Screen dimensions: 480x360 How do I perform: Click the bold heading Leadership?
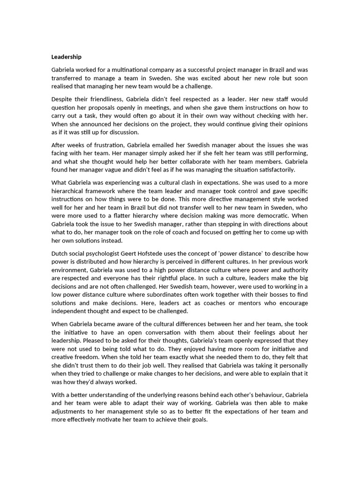click(66, 57)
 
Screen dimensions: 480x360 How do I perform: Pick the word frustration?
click(105, 145)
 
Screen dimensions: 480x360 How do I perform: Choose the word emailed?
click(157, 145)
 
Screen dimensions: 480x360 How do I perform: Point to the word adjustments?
click(71, 412)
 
